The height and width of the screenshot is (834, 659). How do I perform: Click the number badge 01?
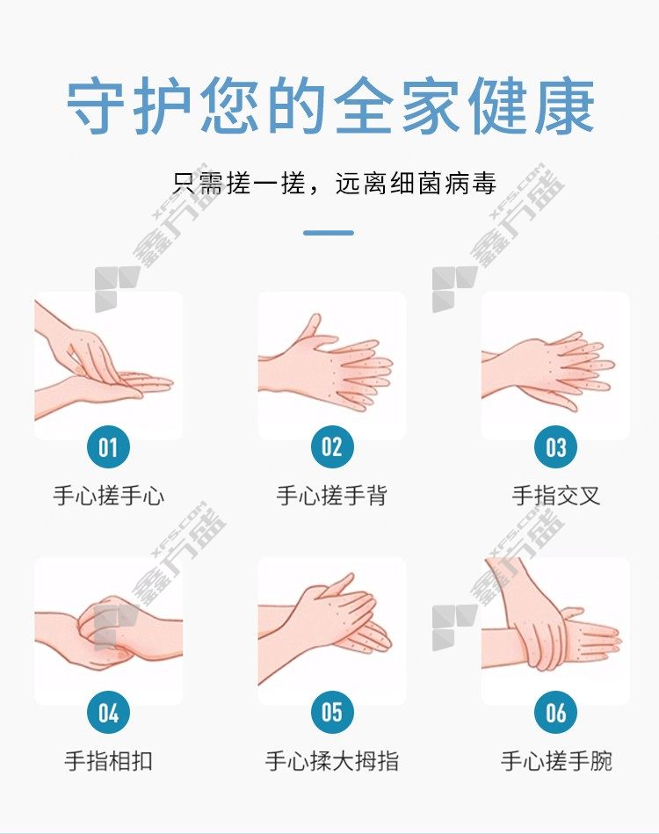[x=108, y=446]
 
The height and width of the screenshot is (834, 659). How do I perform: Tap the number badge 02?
[x=332, y=446]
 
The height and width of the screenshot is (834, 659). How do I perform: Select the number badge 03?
[x=555, y=446]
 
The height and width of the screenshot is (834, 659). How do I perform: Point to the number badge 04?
[x=108, y=712]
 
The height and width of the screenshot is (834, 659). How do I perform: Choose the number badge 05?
[x=332, y=712]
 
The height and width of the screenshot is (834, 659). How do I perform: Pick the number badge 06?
[x=555, y=712]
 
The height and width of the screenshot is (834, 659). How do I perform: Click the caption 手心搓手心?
[x=108, y=496]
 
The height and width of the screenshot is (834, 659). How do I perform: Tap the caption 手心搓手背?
[x=332, y=496]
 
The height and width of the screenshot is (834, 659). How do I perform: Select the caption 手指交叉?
[x=556, y=496]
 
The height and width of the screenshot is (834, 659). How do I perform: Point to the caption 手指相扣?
[x=108, y=761]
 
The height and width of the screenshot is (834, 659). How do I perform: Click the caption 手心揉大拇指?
[x=332, y=761]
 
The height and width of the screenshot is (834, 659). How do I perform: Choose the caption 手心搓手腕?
[x=556, y=761]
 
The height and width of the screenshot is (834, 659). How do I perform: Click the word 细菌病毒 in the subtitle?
[x=444, y=184]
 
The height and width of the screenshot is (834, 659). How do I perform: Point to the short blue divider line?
[x=329, y=232]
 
